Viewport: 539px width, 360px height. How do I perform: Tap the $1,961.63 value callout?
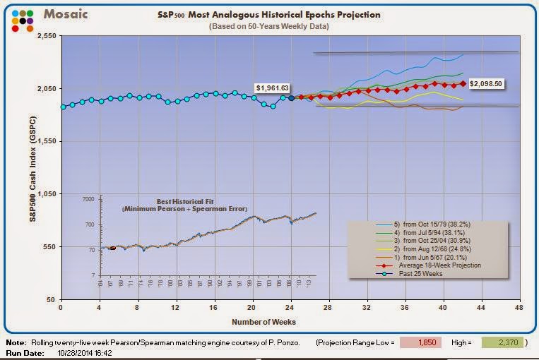click(x=273, y=88)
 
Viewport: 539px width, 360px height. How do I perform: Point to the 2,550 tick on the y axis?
click(x=46, y=35)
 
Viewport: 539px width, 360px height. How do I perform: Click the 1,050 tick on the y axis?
click(x=46, y=194)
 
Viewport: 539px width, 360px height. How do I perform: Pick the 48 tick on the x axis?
click(x=519, y=308)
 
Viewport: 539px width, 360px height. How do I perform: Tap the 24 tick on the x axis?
click(x=291, y=308)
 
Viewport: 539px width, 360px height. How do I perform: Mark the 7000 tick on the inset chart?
click(x=88, y=200)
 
